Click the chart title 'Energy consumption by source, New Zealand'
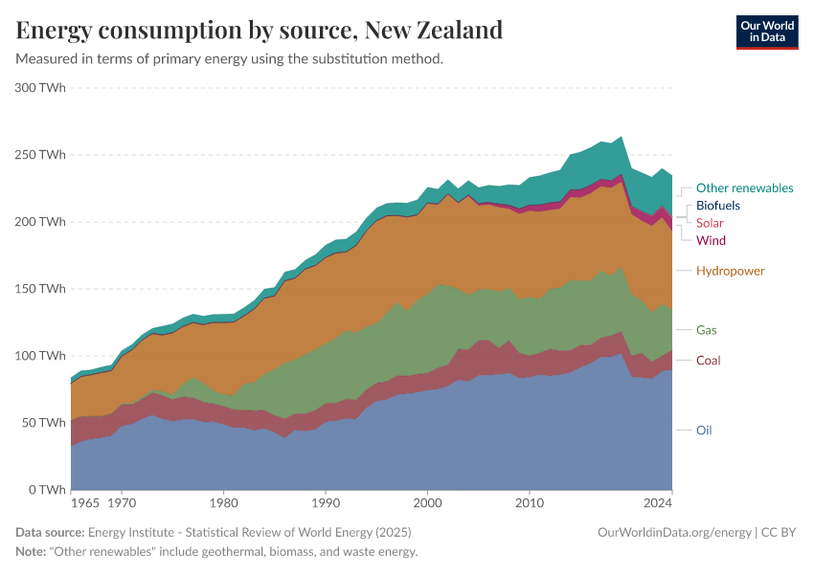[260, 30]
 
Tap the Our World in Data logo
[766, 32]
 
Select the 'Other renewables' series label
[744, 188]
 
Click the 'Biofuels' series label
[717, 206]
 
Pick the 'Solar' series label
[710, 223]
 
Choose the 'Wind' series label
[711, 240]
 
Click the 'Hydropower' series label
[730, 271]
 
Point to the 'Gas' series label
[706, 330]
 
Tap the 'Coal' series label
[708, 361]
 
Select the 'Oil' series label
[704, 430]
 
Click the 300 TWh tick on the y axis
[40, 88]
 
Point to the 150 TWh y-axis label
[40, 289]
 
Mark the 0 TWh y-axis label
[46, 490]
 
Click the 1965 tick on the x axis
[85, 502]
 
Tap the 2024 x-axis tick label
[658, 502]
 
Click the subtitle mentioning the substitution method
[230, 58]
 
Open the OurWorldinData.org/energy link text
[673, 532]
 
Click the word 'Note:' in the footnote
[34, 552]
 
